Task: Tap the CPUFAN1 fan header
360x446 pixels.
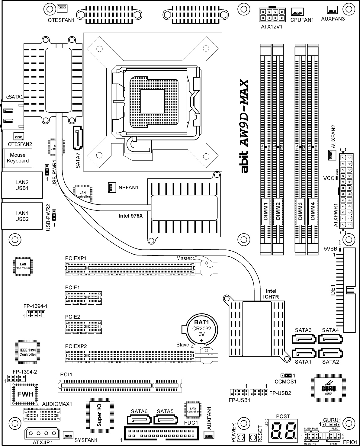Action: (x=297, y=12)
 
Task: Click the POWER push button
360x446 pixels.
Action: (x=241, y=437)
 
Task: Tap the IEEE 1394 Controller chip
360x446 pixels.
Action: (x=27, y=352)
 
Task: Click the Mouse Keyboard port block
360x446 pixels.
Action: (x=18, y=158)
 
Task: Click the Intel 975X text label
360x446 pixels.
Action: (x=130, y=216)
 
